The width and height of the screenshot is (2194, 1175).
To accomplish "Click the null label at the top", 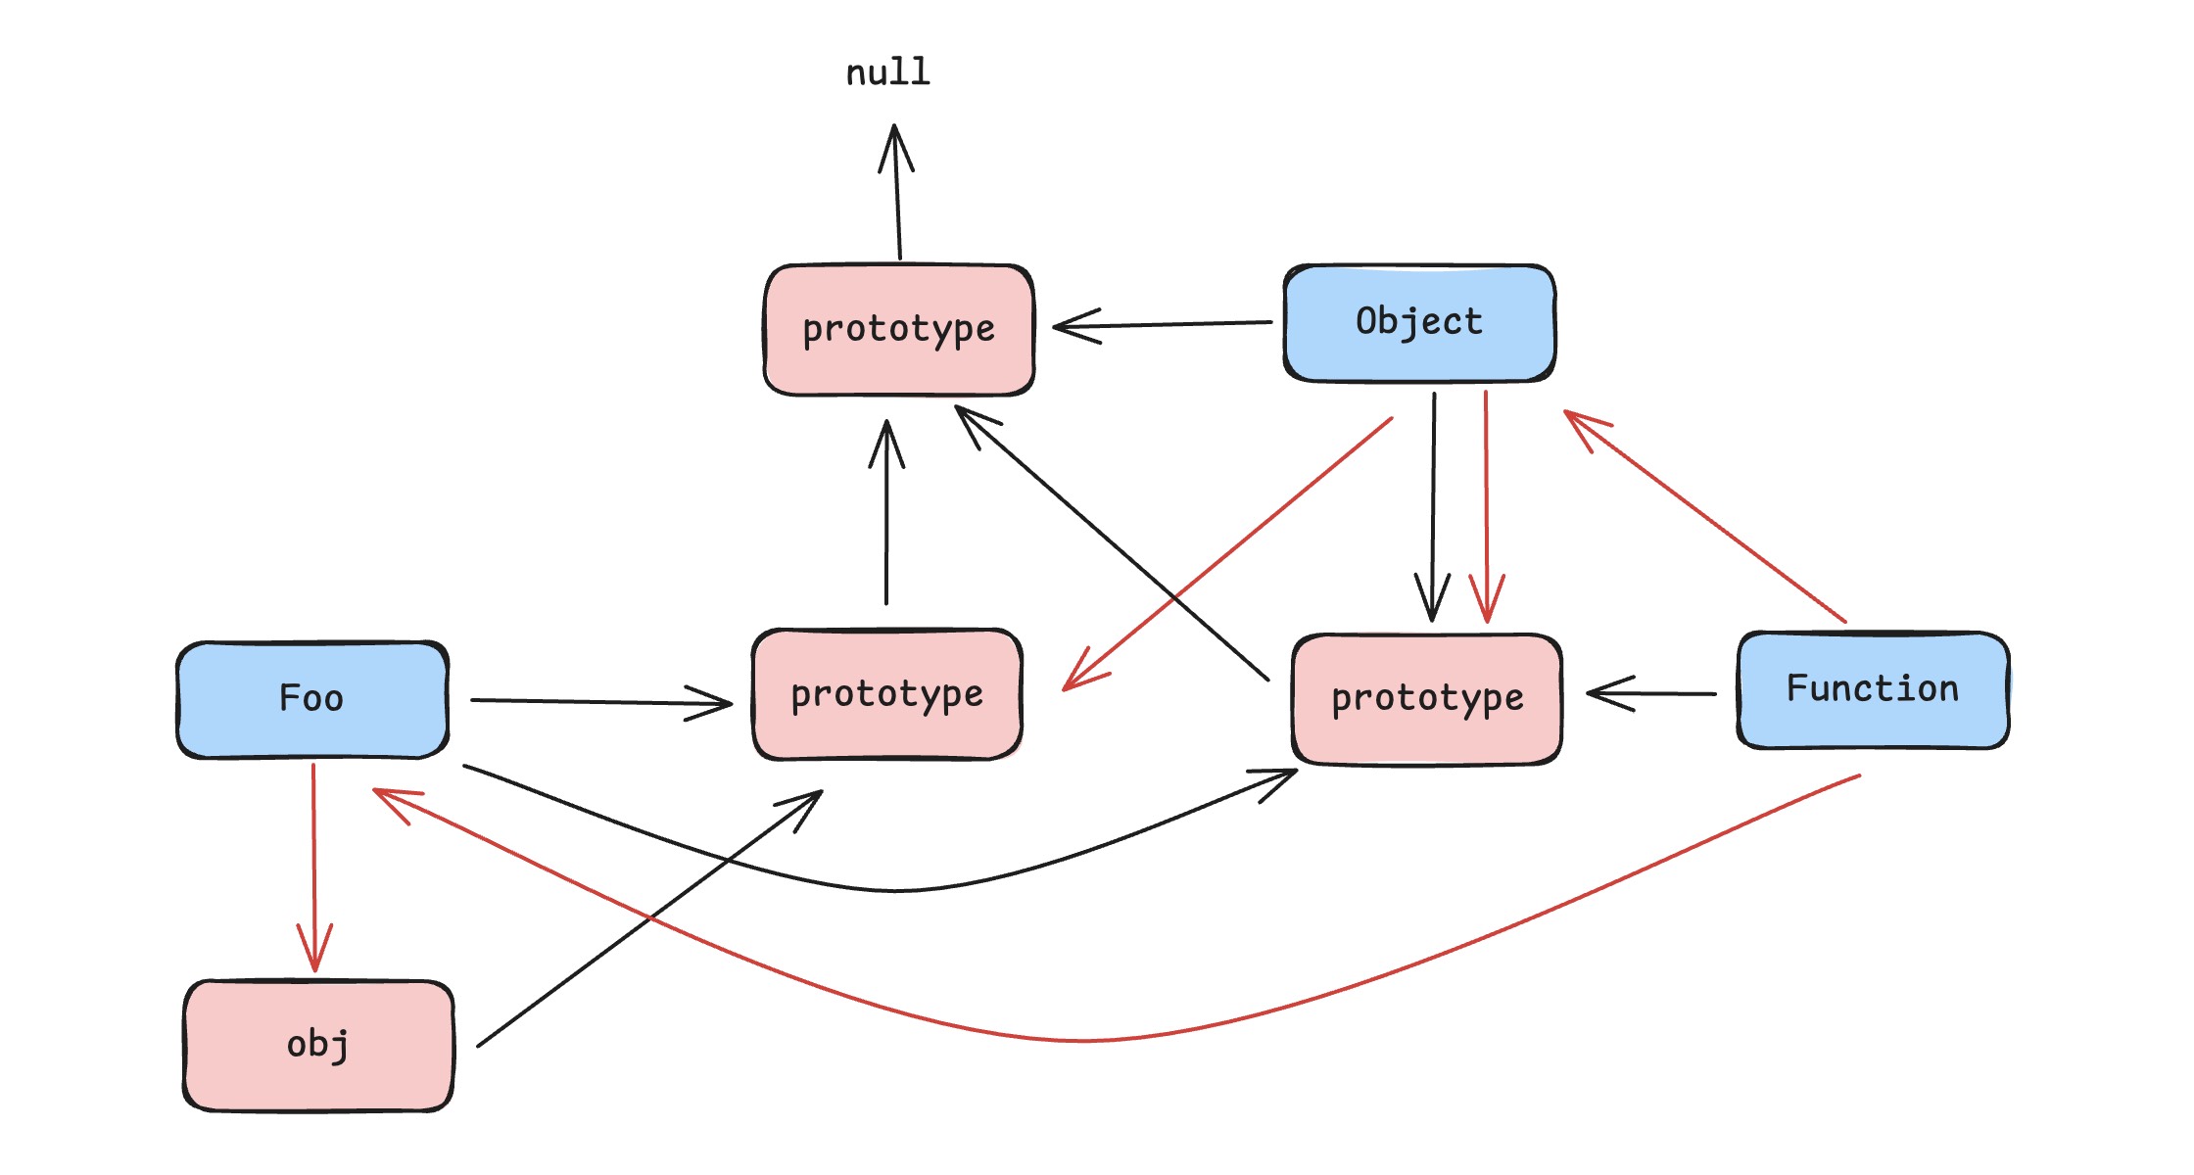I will (x=887, y=72).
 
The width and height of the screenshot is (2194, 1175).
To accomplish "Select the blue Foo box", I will (x=312, y=699).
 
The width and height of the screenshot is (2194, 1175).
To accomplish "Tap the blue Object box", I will (x=1419, y=322).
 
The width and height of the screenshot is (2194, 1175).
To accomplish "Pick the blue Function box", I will (x=1873, y=689).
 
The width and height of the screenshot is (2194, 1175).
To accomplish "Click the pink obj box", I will (x=318, y=1045).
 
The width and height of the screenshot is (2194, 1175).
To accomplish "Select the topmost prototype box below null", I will (x=898, y=329).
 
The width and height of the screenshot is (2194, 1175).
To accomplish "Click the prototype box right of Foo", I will (x=886, y=694).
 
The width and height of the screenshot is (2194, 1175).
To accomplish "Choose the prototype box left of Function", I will (x=1427, y=698).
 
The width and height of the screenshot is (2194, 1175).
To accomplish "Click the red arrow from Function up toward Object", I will (x=1704, y=515).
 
